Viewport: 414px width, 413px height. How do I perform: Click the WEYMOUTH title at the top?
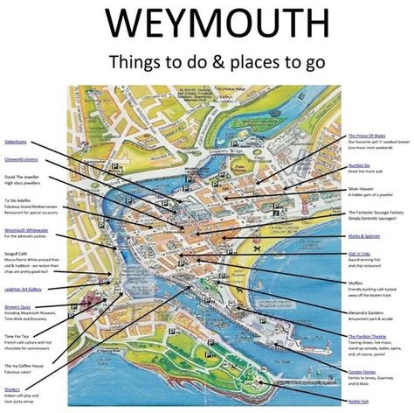tap(207, 24)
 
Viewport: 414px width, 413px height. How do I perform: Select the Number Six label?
tap(361, 164)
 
